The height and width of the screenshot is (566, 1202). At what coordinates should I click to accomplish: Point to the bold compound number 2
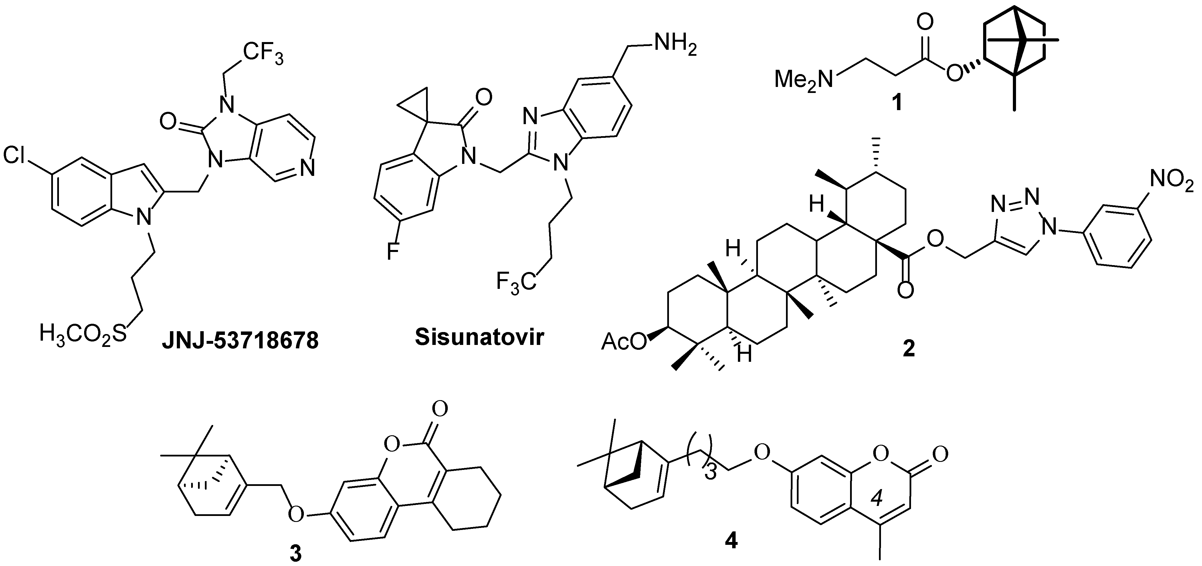click(x=908, y=349)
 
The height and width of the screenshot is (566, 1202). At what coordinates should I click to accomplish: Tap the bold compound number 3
click(x=295, y=554)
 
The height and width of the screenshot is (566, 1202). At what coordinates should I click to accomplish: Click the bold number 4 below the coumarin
click(x=731, y=541)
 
